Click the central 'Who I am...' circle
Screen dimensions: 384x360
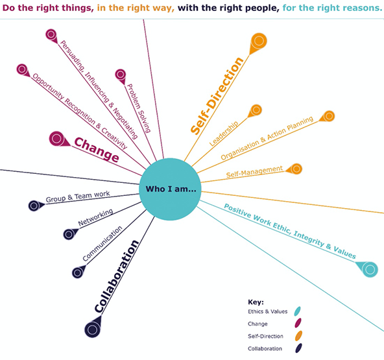(170, 189)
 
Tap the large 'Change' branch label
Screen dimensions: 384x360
(97, 150)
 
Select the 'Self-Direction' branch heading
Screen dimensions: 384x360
(217, 96)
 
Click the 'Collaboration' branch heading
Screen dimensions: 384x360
(117, 276)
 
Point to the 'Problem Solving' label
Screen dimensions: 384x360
(138, 108)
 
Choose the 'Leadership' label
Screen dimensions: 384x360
(224, 134)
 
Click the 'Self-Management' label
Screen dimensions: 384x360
(254, 171)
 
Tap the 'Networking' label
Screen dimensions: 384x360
(95, 217)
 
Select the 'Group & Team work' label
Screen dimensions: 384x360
(78, 197)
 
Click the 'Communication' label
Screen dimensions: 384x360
(102, 243)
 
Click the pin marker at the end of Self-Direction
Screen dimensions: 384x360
(258, 43)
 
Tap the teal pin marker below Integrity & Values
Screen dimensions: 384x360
(367, 269)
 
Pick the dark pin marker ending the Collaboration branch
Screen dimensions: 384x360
(93, 328)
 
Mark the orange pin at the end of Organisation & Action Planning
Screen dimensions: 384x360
(328, 116)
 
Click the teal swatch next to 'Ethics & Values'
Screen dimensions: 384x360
(298, 311)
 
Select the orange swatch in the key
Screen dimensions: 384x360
(298, 336)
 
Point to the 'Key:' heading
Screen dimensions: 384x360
(256, 302)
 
